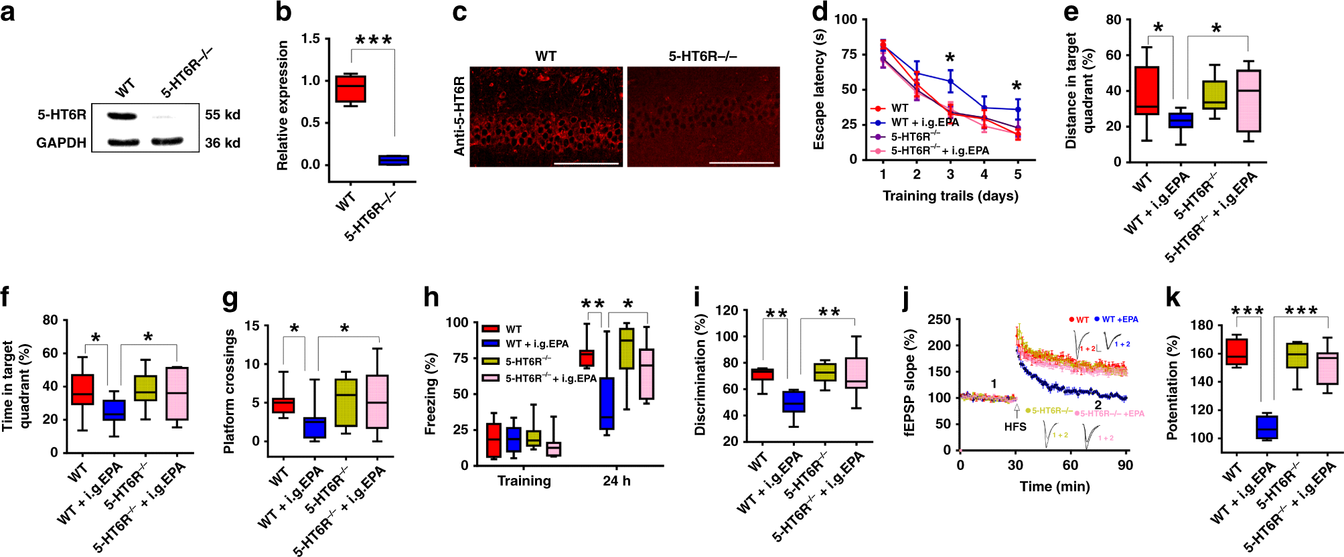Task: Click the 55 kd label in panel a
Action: pyautogui.click(x=222, y=114)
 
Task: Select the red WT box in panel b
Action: pyautogui.click(x=350, y=88)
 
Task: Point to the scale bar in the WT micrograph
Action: pyautogui.click(x=586, y=163)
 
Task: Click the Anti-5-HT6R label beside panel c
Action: pyautogui.click(x=459, y=116)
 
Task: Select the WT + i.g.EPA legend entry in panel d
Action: pyautogui.click(x=924, y=122)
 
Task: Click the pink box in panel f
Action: pyautogui.click(x=177, y=393)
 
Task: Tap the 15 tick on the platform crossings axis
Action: pyautogui.click(x=252, y=325)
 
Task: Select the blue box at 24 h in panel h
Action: pyautogui.click(x=607, y=403)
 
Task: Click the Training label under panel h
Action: pyautogui.click(x=524, y=481)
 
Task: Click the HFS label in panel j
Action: pyautogui.click(x=1015, y=426)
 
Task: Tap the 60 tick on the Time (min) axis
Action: pyautogui.click(x=1070, y=465)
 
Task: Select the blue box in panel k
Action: pyautogui.click(x=1266, y=427)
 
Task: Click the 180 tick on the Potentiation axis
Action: pyautogui.click(x=1201, y=325)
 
